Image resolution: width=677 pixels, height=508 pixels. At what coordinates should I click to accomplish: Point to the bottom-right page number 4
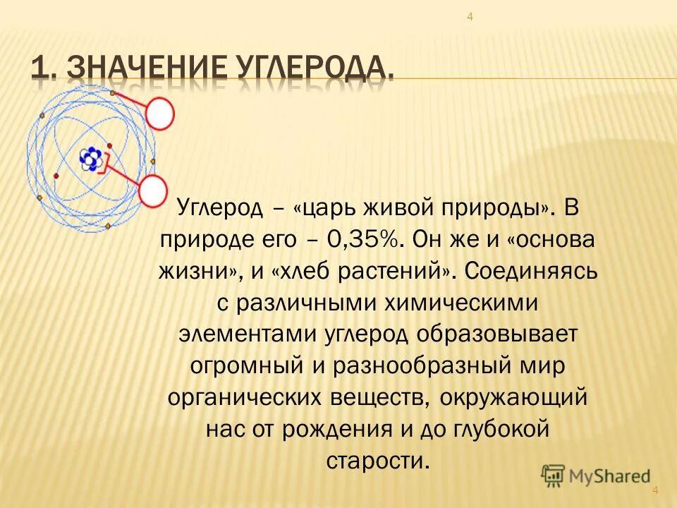click(655, 490)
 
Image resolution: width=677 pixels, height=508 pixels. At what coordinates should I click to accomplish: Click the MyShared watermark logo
click(595, 476)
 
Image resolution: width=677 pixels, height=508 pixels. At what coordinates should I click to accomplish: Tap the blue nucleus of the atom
click(90, 159)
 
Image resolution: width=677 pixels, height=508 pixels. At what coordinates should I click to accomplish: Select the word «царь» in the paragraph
click(331, 208)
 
